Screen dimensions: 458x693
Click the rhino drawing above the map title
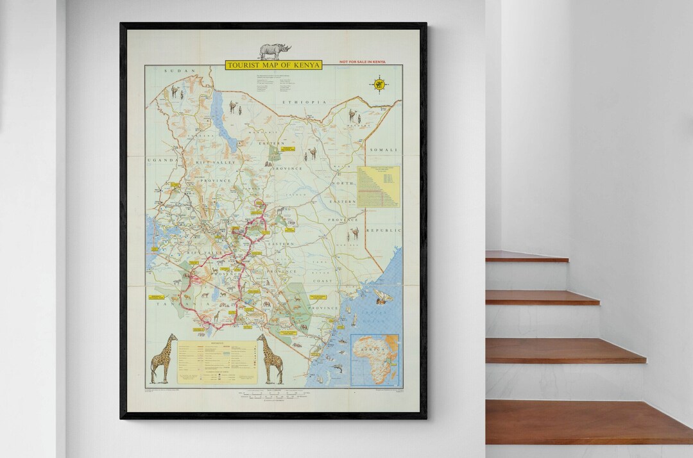pyautogui.click(x=275, y=51)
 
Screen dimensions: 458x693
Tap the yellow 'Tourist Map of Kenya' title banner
pyautogui.click(x=273, y=65)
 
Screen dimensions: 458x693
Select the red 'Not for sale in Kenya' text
pyautogui.click(x=362, y=62)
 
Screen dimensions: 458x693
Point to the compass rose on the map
pyautogui.click(x=379, y=83)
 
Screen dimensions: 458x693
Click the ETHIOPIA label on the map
pyautogui.click(x=308, y=102)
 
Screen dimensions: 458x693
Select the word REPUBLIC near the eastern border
pyautogui.click(x=383, y=230)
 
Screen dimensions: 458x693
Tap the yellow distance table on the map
pyautogui.click(x=378, y=186)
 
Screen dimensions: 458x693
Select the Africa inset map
pyautogui.click(x=375, y=359)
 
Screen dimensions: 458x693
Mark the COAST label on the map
pyautogui.click(x=323, y=281)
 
